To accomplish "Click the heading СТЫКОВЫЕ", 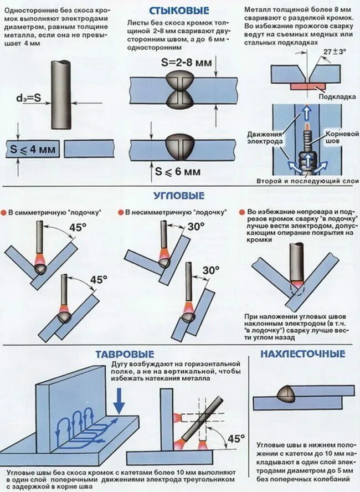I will pos(179,11).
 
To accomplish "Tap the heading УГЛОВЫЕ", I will pos(179,196).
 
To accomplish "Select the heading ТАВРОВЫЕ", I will pos(124,354).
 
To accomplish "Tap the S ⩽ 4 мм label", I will pos(33,148).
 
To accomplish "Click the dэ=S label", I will pos(28,98).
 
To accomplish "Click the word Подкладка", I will pos(338,96).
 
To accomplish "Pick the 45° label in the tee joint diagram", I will pos(235,439).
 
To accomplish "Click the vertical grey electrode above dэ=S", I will pos(59,94).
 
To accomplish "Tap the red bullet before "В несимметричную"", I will pos(120,212).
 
